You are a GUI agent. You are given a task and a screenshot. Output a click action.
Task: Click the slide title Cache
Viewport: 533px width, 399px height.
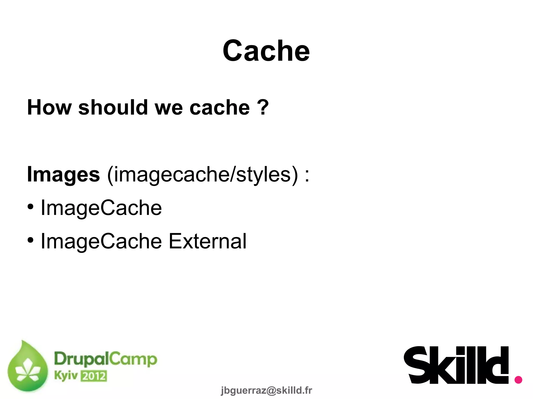point(266,51)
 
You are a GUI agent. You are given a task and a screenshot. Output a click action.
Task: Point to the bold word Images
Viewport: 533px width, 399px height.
point(64,174)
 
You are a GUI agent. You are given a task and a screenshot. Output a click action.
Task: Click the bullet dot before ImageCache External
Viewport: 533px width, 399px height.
point(31,240)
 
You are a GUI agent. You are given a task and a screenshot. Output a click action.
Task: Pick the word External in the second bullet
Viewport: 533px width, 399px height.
point(207,241)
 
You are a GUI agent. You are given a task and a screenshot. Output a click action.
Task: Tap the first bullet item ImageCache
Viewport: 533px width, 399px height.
point(101,208)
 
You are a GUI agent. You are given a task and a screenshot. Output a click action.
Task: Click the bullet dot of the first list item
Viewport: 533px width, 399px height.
point(31,207)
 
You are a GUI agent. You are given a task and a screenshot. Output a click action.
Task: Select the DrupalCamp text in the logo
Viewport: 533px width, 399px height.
point(105,359)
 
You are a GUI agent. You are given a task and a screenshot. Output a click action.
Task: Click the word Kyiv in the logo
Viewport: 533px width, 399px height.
point(66,376)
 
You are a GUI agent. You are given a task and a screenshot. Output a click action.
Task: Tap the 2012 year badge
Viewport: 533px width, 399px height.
point(94,376)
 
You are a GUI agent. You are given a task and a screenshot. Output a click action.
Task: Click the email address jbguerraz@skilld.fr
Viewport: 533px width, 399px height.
point(266,390)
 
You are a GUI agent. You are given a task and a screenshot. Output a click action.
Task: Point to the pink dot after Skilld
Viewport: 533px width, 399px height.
point(518,380)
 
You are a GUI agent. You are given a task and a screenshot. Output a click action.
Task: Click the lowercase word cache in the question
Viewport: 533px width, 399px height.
point(219,107)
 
